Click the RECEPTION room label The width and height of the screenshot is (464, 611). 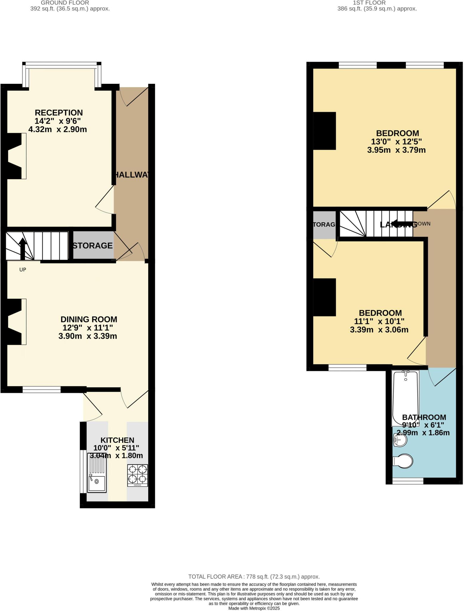coord(59,113)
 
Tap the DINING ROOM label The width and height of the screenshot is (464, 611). coord(89,319)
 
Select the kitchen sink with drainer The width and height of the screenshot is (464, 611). coord(97,473)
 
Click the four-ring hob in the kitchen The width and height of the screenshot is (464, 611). coord(137,475)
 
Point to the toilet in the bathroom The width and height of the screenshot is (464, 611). coord(403,461)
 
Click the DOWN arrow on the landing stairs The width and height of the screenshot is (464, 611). coord(400,223)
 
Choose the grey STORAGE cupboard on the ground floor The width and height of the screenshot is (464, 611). coord(93,246)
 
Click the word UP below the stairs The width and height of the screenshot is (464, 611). coord(23,270)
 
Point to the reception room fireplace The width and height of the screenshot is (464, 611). coord(16,156)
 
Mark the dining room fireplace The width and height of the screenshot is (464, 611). coord(16,322)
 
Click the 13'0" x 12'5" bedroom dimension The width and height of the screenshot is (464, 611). coord(396,141)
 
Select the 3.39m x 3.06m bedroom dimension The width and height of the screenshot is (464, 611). coord(379,330)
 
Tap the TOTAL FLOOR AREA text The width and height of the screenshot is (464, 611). coord(254,577)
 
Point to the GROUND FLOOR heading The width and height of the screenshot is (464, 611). coord(65,3)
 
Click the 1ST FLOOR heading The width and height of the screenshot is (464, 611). coord(369,3)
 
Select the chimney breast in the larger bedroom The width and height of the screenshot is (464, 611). coord(324,131)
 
